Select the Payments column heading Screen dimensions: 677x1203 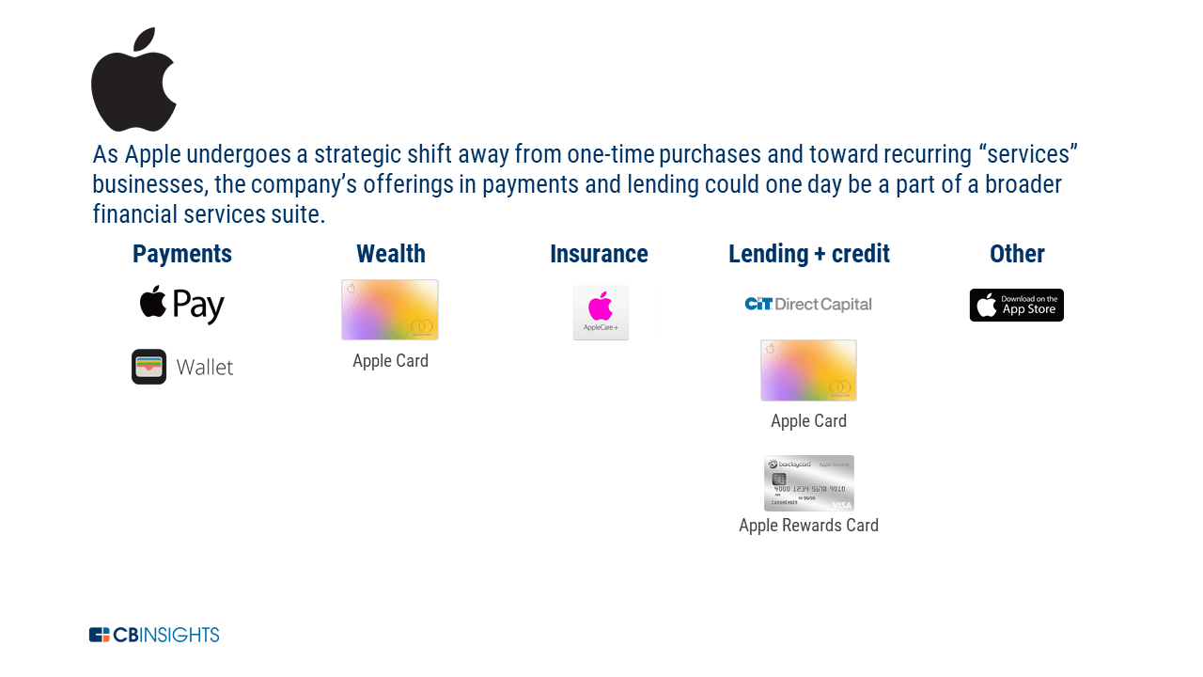click(x=181, y=254)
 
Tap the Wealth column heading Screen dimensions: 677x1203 click(x=390, y=254)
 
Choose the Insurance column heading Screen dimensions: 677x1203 click(x=599, y=254)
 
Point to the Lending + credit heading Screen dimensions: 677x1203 click(x=808, y=254)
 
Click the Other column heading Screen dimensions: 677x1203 click(x=1017, y=254)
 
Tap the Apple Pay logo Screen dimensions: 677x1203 click(x=182, y=305)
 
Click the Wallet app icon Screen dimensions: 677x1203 click(x=148, y=367)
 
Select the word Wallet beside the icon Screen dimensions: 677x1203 click(x=205, y=368)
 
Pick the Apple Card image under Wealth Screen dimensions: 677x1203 click(x=390, y=309)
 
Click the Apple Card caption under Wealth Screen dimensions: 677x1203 click(x=390, y=361)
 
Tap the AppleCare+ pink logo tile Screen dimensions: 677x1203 click(x=601, y=312)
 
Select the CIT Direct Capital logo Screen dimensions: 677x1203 click(x=808, y=304)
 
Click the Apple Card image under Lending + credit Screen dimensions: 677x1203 click(x=808, y=370)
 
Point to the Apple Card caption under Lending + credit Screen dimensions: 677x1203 click(x=808, y=421)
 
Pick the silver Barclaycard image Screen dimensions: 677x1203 click(x=808, y=483)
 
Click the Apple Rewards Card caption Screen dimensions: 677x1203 click(x=808, y=526)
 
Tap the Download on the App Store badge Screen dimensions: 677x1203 click(x=1017, y=305)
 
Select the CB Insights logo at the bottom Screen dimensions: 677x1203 click(x=154, y=635)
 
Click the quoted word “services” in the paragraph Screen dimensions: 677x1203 click(x=1027, y=154)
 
